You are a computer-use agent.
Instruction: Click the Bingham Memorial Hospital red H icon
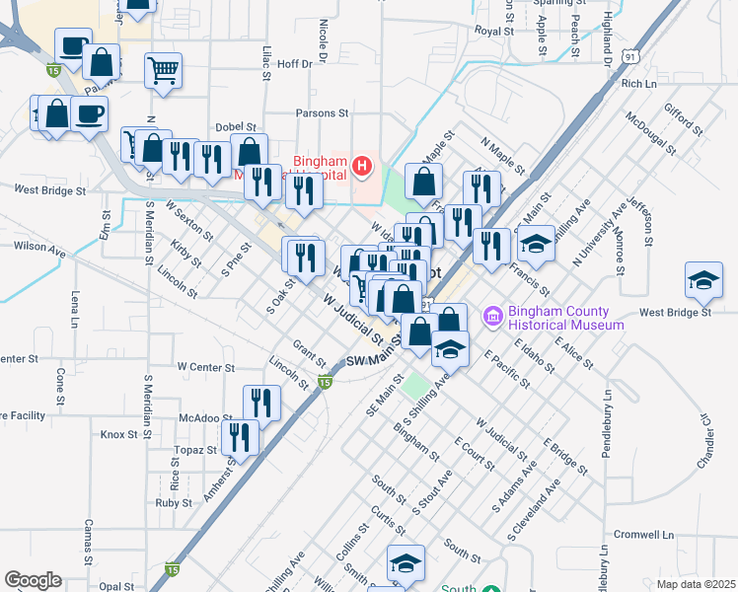363,165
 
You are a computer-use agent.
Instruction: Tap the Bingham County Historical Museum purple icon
491,317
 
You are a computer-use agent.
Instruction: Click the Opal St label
115,586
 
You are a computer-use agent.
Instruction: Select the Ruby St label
173,502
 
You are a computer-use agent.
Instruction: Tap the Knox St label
118,434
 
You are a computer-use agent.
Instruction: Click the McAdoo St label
198,417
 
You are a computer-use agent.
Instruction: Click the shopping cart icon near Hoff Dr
163,69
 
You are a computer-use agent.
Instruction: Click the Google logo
33,580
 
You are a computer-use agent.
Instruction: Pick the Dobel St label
235,127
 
